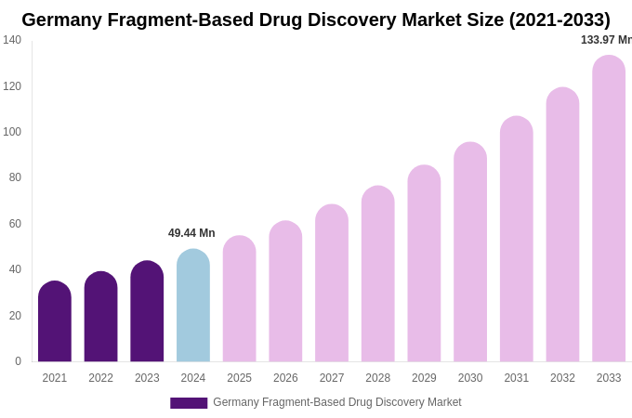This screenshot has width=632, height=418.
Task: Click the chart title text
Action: [316, 20]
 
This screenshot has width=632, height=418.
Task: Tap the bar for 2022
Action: [100, 317]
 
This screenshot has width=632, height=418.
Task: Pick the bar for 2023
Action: [147, 311]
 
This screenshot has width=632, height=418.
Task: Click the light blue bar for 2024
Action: [193, 306]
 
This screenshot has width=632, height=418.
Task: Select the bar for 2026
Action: [285, 292]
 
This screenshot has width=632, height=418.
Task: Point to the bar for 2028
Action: [378, 274]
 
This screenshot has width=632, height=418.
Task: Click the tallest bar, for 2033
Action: [609, 209]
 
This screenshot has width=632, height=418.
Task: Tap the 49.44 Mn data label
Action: [191, 233]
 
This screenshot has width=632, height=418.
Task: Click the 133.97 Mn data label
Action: [606, 40]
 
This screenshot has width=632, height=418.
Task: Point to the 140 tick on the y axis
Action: [12, 40]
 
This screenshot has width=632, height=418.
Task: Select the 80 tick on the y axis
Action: [15, 177]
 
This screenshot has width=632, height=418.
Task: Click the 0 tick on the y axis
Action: [18, 361]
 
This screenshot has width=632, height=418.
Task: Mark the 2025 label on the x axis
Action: [239, 378]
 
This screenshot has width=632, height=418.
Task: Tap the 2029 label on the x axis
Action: [424, 378]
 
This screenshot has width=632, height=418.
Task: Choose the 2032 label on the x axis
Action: [562, 378]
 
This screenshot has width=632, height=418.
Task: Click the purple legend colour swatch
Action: [189, 403]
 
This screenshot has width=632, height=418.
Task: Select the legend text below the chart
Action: [337, 402]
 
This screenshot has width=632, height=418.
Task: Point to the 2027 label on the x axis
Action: [332, 378]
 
